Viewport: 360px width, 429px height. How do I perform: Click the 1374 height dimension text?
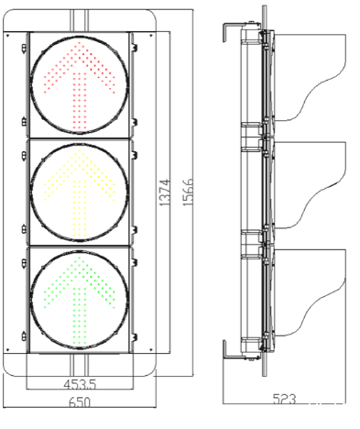point(164,192)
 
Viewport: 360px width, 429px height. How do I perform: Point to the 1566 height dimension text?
point(188,192)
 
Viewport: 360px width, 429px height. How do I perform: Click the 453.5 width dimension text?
point(80,384)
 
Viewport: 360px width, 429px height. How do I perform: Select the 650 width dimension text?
point(80,402)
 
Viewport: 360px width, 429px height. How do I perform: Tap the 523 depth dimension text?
point(284,399)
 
